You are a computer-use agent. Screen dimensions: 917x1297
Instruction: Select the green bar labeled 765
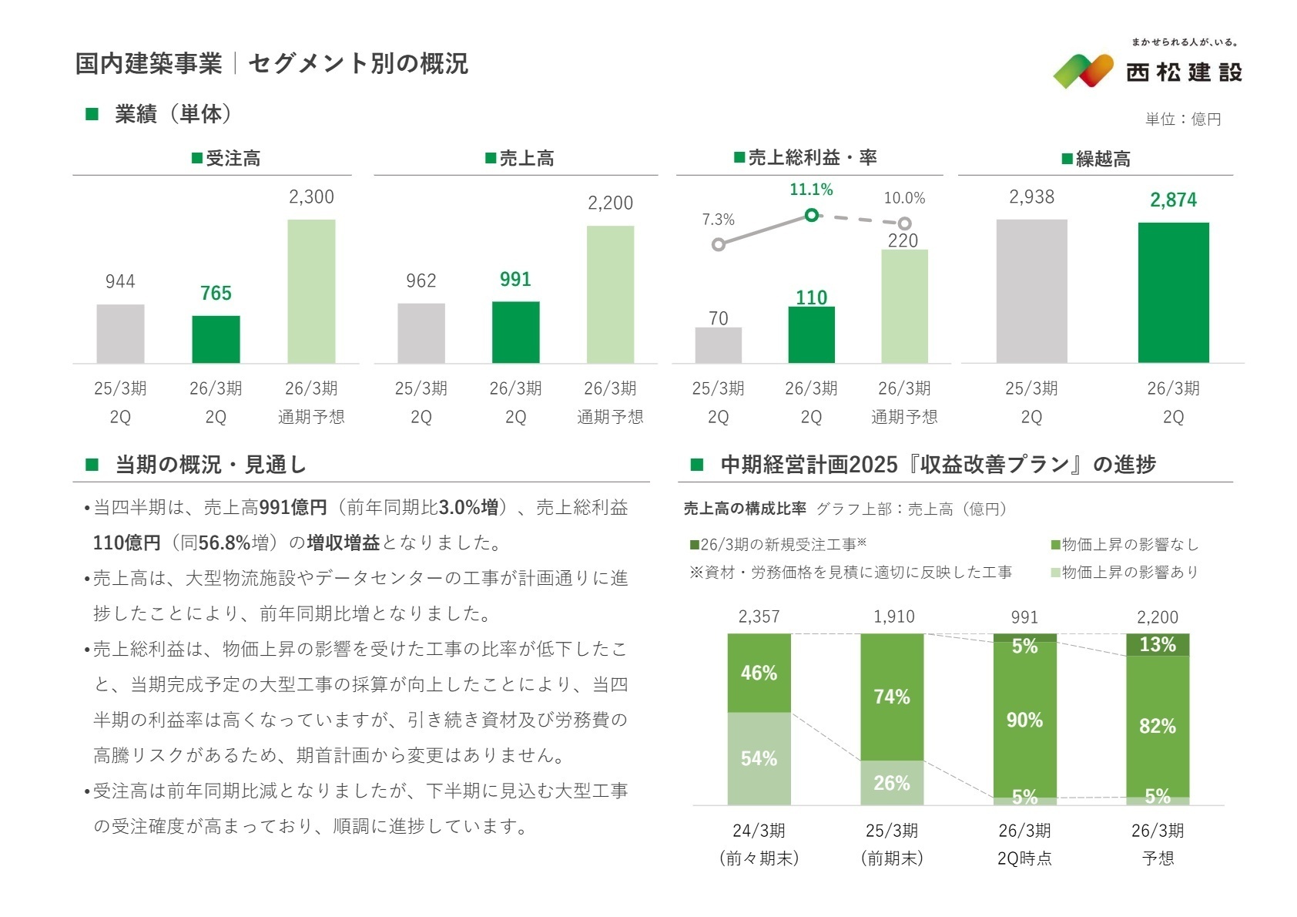(x=216, y=339)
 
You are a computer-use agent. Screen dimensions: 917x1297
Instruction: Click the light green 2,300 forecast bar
(x=311, y=291)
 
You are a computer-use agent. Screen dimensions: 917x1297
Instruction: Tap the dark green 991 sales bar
(x=515, y=332)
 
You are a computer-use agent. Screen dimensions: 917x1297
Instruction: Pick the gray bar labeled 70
(x=718, y=345)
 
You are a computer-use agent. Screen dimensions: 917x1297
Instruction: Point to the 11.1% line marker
(x=811, y=215)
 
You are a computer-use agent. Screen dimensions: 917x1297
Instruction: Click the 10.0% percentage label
(x=904, y=198)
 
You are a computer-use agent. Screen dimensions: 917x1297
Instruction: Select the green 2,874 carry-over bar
(x=1173, y=292)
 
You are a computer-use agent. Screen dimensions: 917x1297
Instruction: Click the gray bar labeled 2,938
(x=1031, y=291)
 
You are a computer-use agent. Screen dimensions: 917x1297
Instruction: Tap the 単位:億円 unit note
(x=1183, y=119)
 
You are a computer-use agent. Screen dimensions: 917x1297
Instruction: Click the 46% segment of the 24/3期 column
(x=759, y=673)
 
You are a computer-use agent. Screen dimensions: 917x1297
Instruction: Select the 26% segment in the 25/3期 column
(x=892, y=783)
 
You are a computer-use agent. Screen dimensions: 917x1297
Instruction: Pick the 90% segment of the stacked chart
(x=1024, y=720)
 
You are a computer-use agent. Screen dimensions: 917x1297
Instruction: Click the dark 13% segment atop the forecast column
(x=1158, y=645)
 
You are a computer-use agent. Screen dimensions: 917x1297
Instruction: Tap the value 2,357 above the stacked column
(x=759, y=616)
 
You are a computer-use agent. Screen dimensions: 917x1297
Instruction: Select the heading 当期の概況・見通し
(x=210, y=465)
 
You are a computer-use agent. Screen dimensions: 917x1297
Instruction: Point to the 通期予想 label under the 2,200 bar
(x=610, y=417)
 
